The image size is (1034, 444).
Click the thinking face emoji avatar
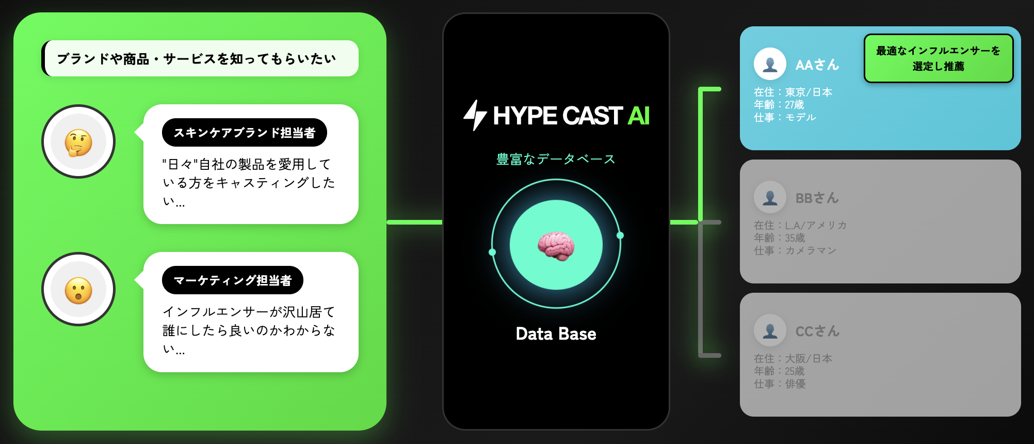click(x=78, y=142)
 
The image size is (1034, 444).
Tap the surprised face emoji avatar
click(x=78, y=290)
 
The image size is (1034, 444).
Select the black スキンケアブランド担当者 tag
click(x=244, y=133)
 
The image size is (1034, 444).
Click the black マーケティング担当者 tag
click(x=232, y=280)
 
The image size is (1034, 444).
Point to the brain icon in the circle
click(x=556, y=246)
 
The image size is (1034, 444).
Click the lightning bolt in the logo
click(x=475, y=115)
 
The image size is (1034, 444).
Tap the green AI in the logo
click(x=638, y=116)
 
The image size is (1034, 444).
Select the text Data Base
click(x=556, y=334)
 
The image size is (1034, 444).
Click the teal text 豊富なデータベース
click(x=556, y=159)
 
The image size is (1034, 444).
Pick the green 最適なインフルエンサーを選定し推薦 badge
click(x=938, y=58)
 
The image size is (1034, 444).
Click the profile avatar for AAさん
click(x=770, y=64)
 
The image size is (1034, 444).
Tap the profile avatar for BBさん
click(x=770, y=197)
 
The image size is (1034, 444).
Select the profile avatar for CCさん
click(x=770, y=330)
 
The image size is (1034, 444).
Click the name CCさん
click(x=817, y=331)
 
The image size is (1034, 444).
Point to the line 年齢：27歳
click(x=779, y=105)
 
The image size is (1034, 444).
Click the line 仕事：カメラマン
click(x=795, y=250)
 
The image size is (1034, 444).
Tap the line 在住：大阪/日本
click(x=793, y=358)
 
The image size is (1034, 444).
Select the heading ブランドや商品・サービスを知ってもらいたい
click(x=197, y=59)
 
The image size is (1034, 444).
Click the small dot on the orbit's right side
click(x=620, y=235)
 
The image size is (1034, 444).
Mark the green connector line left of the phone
click(x=414, y=222)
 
